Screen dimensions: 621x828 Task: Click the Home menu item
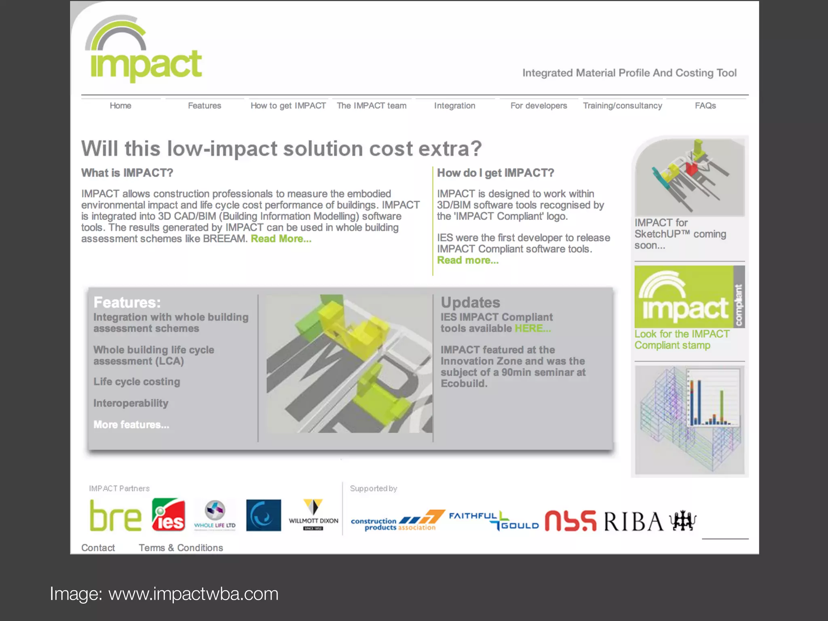point(120,106)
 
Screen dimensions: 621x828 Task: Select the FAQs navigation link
point(705,106)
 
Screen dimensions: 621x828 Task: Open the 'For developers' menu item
point(539,106)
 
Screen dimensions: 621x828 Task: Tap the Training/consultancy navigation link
point(622,106)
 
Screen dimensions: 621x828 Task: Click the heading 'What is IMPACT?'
point(127,173)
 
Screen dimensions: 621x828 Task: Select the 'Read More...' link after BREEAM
point(281,239)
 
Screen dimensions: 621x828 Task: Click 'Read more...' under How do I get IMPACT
point(468,260)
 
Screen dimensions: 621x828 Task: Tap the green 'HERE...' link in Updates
point(532,328)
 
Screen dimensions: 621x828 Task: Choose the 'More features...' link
point(131,425)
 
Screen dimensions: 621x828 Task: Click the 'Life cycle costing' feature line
point(137,382)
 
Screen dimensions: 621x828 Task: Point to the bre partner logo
point(116,516)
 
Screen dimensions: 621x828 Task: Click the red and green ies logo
point(169,515)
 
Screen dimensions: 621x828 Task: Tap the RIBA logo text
point(634,521)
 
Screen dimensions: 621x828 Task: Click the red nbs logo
point(570,521)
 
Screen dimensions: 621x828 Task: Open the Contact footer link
point(98,548)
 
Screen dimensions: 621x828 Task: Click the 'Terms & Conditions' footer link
point(181,548)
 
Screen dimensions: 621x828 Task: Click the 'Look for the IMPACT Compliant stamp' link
point(682,340)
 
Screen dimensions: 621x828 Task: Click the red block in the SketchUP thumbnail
point(692,168)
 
